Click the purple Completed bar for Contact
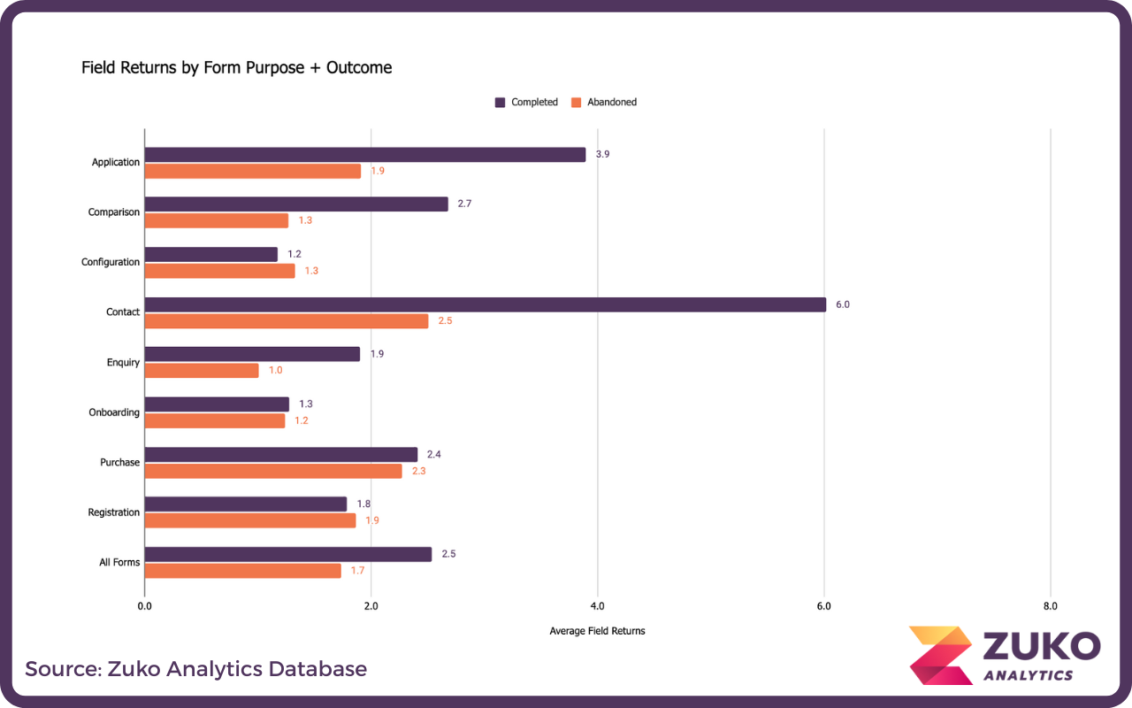click(x=485, y=304)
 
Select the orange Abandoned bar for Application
click(x=253, y=171)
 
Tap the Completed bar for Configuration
click(x=210, y=254)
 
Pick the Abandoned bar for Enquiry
click(x=202, y=371)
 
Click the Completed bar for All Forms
click(x=288, y=554)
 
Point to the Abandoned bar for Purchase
click(x=273, y=472)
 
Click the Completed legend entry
click(x=526, y=102)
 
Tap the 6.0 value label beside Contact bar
click(x=842, y=304)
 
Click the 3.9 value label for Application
click(x=602, y=154)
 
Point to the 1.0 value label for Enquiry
click(x=276, y=371)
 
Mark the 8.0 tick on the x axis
click(x=1050, y=606)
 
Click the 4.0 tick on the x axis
click(x=597, y=606)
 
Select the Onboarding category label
click(x=114, y=412)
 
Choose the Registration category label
click(x=114, y=512)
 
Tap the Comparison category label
click(x=114, y=212)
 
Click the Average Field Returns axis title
click(x=597, y=631)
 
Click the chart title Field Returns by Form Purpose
click(x=236, y=67)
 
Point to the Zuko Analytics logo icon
click(x=940, y=655)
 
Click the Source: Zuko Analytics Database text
click(x=195, y=668)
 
